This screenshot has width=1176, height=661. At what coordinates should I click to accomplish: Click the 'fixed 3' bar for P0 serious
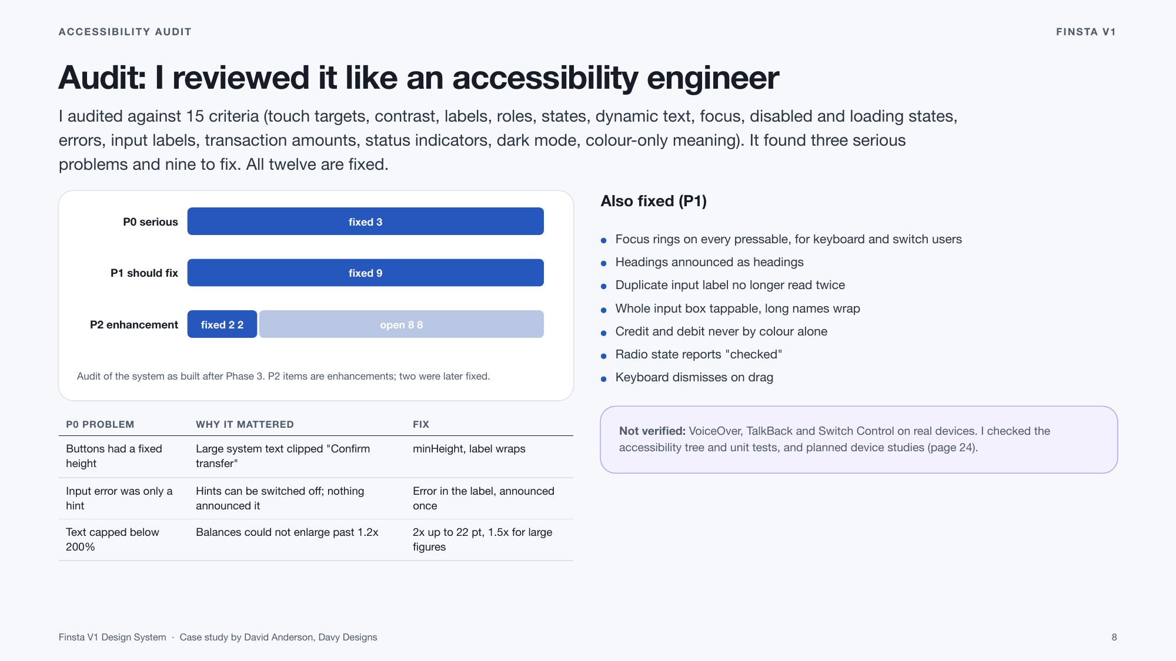[365, 222]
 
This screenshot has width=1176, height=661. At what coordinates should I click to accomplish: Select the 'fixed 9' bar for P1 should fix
[365, 273]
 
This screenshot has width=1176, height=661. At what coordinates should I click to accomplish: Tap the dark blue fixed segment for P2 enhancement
[222, 324]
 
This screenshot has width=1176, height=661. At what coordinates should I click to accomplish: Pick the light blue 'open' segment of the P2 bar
[402, 324]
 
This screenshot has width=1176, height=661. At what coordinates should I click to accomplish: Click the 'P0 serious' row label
[151, 222]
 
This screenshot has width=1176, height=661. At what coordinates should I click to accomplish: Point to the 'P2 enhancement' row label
[134, 325]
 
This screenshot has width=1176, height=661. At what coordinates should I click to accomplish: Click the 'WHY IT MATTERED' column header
[245, 424]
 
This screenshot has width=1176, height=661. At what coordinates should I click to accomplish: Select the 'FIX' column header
[421, 424]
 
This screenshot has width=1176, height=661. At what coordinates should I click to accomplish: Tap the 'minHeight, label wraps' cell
[469, 449]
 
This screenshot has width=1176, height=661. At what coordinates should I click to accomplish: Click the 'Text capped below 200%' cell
[112, 539]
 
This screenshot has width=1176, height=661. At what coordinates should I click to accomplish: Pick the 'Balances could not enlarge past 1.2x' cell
[287, 532]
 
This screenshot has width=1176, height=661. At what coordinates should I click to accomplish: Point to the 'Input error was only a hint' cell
[119, 498]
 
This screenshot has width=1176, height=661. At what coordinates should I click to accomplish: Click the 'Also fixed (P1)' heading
[654, 201]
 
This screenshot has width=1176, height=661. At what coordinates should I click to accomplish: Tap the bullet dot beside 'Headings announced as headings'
[603, 263]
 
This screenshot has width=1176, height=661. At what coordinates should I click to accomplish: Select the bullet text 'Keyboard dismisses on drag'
[694, 377]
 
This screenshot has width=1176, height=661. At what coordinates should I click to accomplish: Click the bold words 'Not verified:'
[652, 431]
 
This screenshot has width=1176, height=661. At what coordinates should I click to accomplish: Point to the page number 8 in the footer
[1114, 637]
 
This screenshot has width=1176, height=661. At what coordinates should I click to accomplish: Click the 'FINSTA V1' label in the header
[1086, 32]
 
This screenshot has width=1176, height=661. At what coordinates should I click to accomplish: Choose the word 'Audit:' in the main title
[102, 78]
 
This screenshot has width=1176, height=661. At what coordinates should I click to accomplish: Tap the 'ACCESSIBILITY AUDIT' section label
[125, 32]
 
